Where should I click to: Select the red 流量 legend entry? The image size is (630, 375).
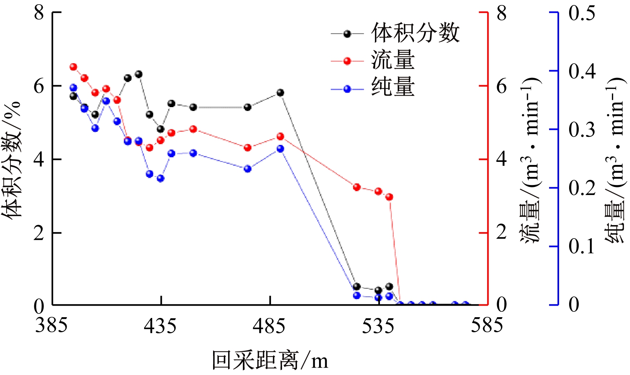pos(393,61)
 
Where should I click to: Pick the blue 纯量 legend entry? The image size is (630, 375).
pos(393,88)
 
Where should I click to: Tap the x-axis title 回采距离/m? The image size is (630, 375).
pos(270,361)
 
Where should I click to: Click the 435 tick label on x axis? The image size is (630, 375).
pos(160,326)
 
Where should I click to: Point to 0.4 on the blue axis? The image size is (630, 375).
pos(582,71)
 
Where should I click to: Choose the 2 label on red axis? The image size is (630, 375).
pos(501,232)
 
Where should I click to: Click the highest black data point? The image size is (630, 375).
pos(139,74)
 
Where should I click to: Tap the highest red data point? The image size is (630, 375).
pos(74,67)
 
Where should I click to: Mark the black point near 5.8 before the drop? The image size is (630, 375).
pos(281,92)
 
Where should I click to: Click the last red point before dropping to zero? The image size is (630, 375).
pos(389,197)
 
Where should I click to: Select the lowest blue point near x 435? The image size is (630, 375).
pos(161,178)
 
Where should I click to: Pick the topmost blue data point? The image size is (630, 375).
pos(74,88)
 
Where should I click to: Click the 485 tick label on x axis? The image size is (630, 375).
pos(269,326)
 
